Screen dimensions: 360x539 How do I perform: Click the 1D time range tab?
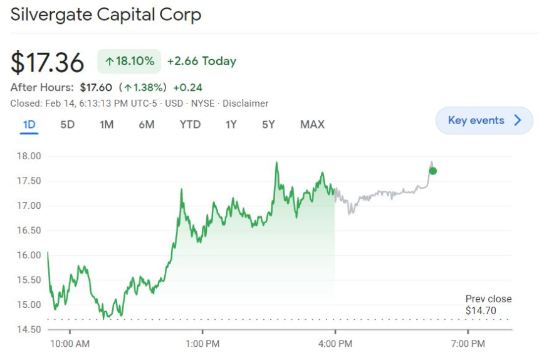(x=29, y=124)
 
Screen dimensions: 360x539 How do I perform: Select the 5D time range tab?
(x=67, y=124)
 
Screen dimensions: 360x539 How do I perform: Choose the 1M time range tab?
(x=107, y=124)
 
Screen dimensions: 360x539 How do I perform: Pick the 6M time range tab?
(x=146, y=124)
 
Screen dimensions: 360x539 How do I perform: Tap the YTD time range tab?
(x=190, y=124)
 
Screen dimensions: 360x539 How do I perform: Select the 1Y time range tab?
(x=231, y=124)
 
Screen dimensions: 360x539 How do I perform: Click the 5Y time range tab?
(x=268, y=124)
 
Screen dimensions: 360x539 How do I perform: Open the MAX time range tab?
(x=312, y=124)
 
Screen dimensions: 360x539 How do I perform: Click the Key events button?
(x=484, y=120)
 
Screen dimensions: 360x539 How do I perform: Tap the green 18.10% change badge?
(x=129, y=61)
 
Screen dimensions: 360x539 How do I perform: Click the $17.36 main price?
(x=48, y=63)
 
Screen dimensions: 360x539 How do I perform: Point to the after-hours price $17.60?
(x=96, y=88)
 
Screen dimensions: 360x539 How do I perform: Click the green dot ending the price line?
(x=432, y=171)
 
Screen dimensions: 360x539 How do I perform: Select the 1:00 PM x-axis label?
(x=202, y=344)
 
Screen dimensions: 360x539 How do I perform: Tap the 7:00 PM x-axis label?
(x=468, y=344)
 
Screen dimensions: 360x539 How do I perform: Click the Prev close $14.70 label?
(x=488, y=305)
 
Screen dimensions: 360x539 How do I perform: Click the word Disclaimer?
(x=245, y=103)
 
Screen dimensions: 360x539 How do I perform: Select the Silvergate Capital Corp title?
(x=106, y=14)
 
